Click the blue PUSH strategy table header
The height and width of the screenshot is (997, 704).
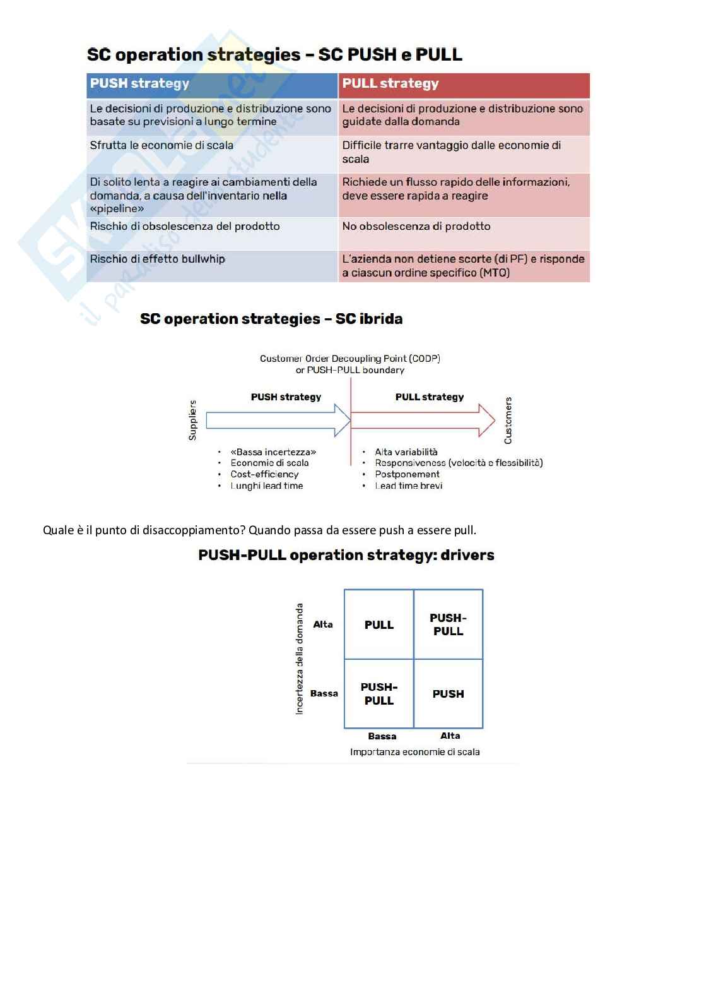(212, 84)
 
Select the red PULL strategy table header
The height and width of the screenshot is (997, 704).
(464, 84)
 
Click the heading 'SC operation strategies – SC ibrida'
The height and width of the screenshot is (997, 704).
(271, 319)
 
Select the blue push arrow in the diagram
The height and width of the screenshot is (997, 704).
(278, 421)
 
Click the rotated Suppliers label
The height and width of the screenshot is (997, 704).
(193, 420)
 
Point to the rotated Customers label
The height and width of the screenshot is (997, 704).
(508, 420)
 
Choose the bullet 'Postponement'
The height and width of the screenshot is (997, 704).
(407, 474)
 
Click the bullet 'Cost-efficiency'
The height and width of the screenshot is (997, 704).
(264, 474)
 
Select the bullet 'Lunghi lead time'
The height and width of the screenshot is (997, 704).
(266, 486)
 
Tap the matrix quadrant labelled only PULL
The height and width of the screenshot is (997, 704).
(378, 624)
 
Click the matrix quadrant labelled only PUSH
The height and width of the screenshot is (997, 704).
(448, 694)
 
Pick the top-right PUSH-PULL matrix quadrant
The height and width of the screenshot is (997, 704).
(448, 624)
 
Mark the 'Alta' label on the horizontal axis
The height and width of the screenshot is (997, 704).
(450, 736)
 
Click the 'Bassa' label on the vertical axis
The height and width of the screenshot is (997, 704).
(324, 693)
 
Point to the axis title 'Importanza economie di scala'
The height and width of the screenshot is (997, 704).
(414, 752)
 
